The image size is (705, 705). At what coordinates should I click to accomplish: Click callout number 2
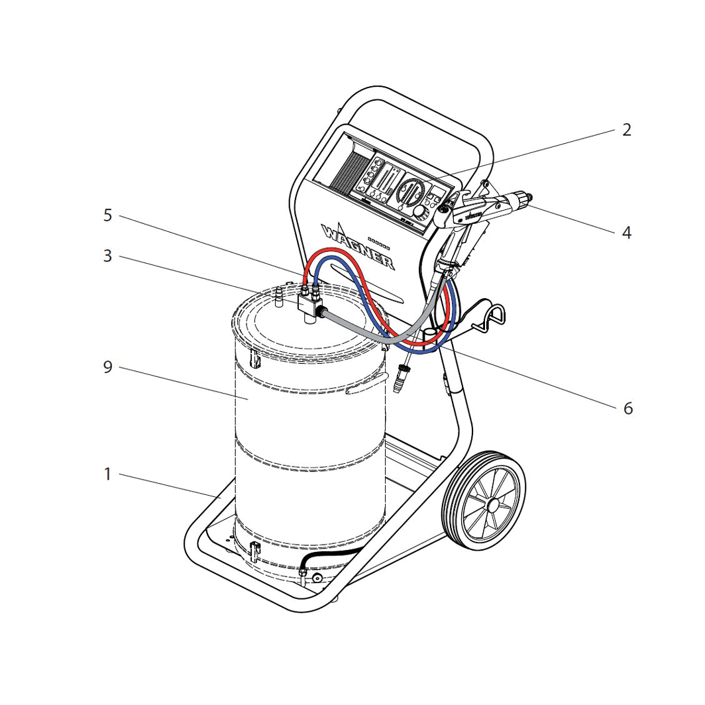pos(626,130)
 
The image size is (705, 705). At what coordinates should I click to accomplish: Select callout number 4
pos(626,233)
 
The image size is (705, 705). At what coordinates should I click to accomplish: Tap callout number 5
pos(108,215)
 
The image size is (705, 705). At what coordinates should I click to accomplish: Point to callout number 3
pos(108,256)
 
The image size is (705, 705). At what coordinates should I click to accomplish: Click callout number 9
pos(108,367)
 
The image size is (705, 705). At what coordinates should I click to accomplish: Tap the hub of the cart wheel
pos(493,505)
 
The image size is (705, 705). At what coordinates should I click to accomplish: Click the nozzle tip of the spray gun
pos(529,195)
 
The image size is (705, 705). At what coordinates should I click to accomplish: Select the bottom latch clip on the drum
pos(254,550)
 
